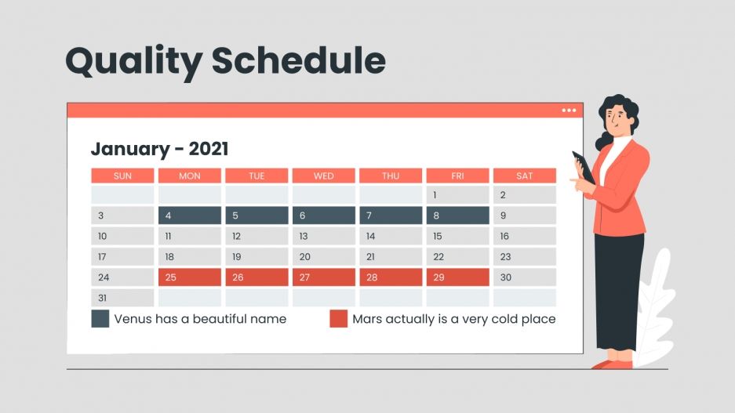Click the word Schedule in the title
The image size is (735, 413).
click(x=299, y=60)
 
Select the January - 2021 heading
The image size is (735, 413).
click(x=159, y=149)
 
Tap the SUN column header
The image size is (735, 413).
click(x=122, y=176)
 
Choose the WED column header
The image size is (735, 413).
click(x=323, y=176)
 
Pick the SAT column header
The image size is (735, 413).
click(x=524, y=176)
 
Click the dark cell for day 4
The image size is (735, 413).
click(x=189, y=216)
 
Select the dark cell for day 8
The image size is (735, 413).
click(x=457, y=216)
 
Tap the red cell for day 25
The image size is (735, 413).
click(x=189, y=277)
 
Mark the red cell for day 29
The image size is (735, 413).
click(x=457, y=277)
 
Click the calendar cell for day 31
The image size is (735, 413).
click(x=122, y=298)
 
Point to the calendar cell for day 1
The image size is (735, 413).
click(x=457, y=195)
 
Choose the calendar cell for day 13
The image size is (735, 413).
click(x=323, y=236)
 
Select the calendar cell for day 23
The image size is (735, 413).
click(x=524, y=256)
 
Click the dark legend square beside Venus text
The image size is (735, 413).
click(x=100, y=319)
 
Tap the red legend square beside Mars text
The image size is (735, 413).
click(x=338, y=319)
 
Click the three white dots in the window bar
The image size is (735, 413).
click(x=569, y=110)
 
